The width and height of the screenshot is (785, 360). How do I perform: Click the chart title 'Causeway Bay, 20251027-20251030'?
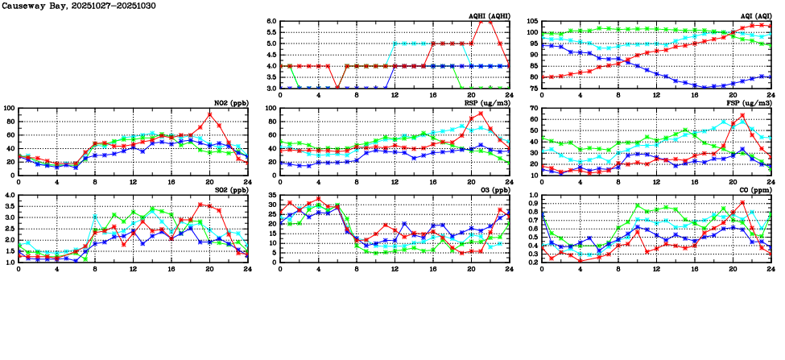point(78,6)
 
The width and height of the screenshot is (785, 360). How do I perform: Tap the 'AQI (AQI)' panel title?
point(754,16)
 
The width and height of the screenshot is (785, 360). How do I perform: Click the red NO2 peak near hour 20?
point(210,114)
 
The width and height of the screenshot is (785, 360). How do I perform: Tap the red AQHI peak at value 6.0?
point(485,22)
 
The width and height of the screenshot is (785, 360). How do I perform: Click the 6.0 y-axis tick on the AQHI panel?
point(271,22)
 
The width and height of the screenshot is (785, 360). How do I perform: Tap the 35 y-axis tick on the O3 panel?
point(272,196)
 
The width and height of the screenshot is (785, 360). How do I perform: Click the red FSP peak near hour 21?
point(742,115)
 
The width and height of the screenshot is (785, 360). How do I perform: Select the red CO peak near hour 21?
point(742,202)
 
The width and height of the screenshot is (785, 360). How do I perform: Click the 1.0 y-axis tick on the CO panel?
point(532,196)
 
